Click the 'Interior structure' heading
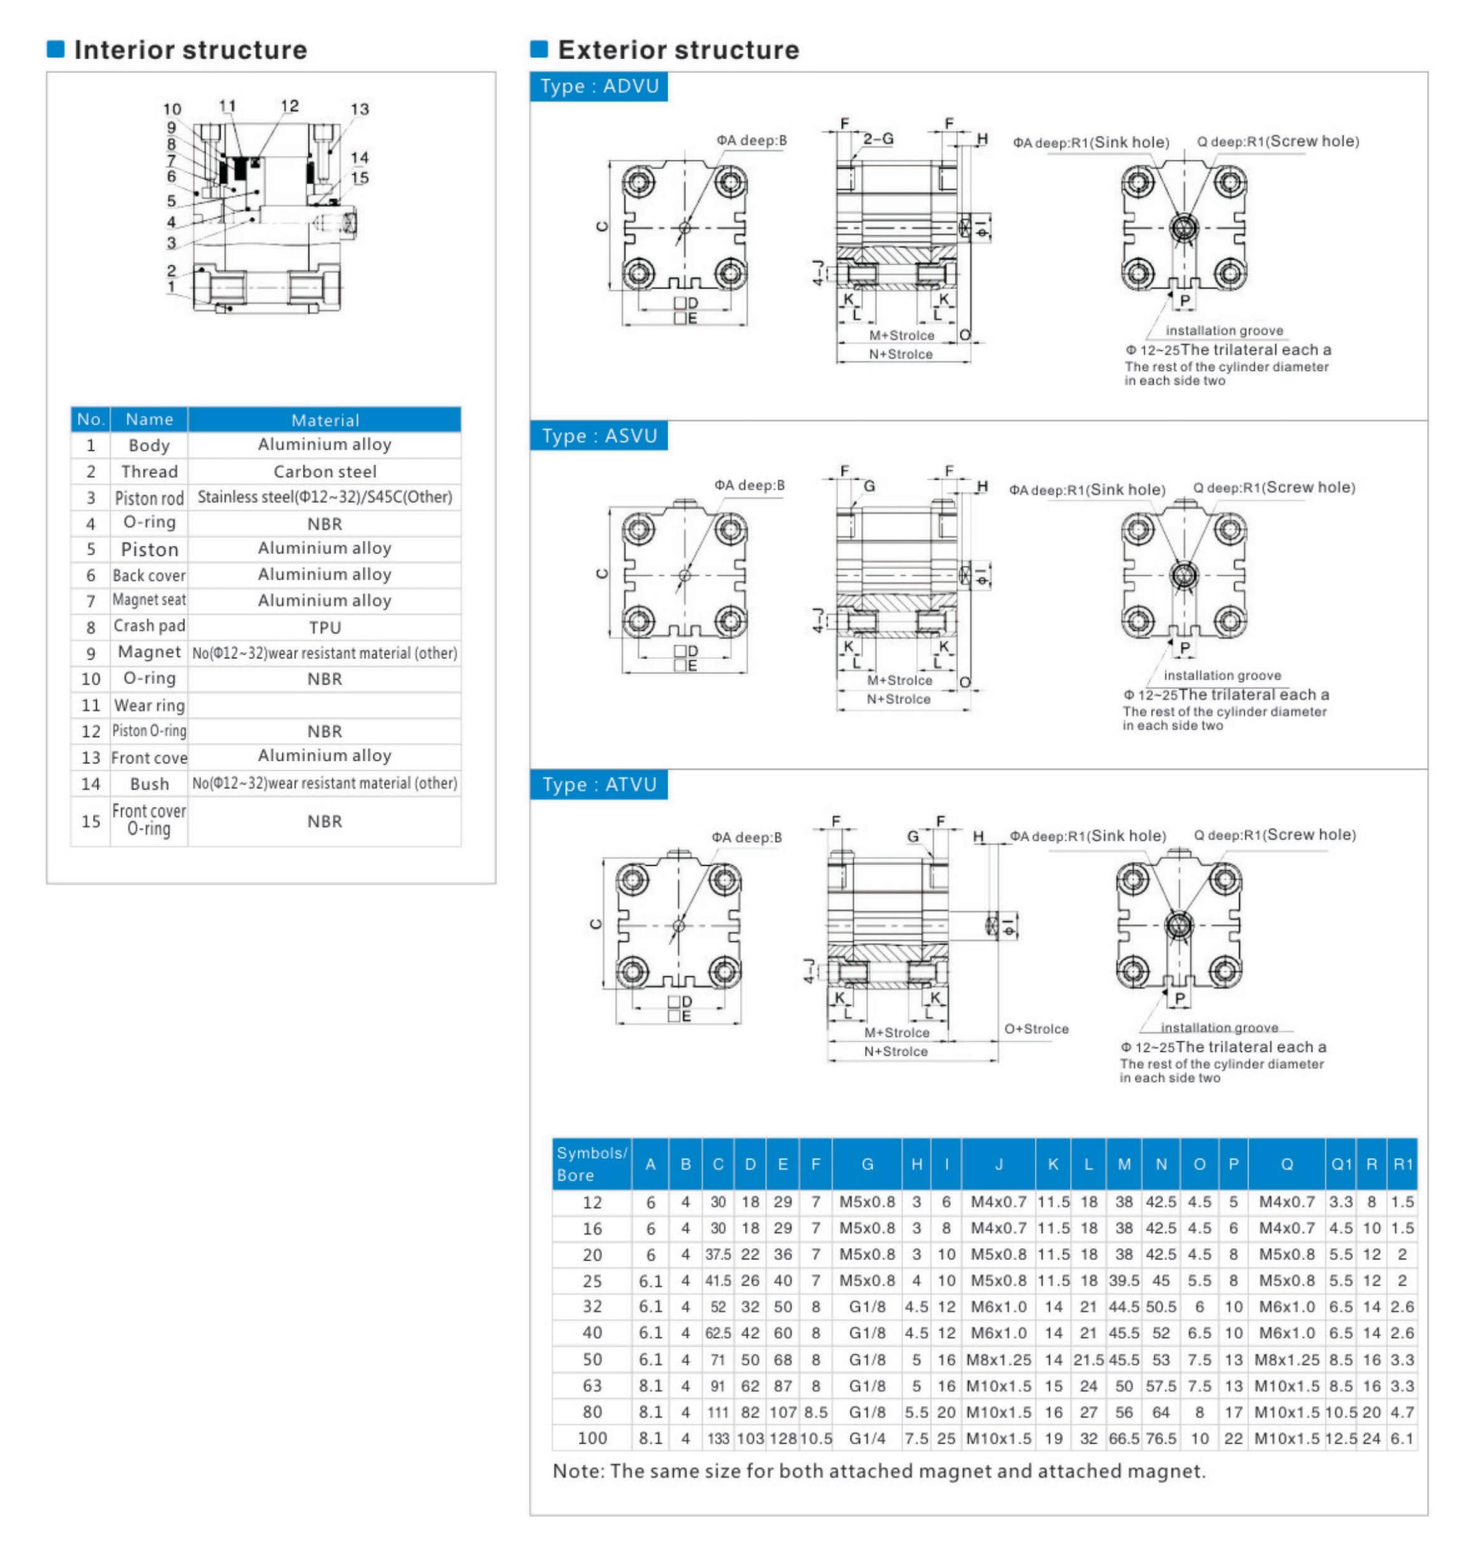pos(190,50)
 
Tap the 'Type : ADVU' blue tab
pos(598,86)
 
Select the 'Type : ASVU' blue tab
pos(598,436)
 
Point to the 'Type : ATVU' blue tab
pos(598,785)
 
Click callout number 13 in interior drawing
pos(359,109)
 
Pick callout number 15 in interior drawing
pos(359,178)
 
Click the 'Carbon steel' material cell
pos(324,472)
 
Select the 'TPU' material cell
pos(324,627)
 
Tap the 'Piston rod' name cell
pos(149,498)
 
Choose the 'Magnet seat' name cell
pos(149,600)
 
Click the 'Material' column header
pos(324,420)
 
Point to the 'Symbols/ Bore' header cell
pos(592,1164)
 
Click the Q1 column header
pos(1341,1164)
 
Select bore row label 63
pos(592,1385)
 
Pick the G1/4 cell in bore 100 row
pos(866,1438)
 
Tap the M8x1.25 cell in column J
pos(998,1360)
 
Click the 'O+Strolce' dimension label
pos(1036,1028)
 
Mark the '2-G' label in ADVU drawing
pos(878,139)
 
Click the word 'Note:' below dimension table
pos(578,1471)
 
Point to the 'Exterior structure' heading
pos(678,50)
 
